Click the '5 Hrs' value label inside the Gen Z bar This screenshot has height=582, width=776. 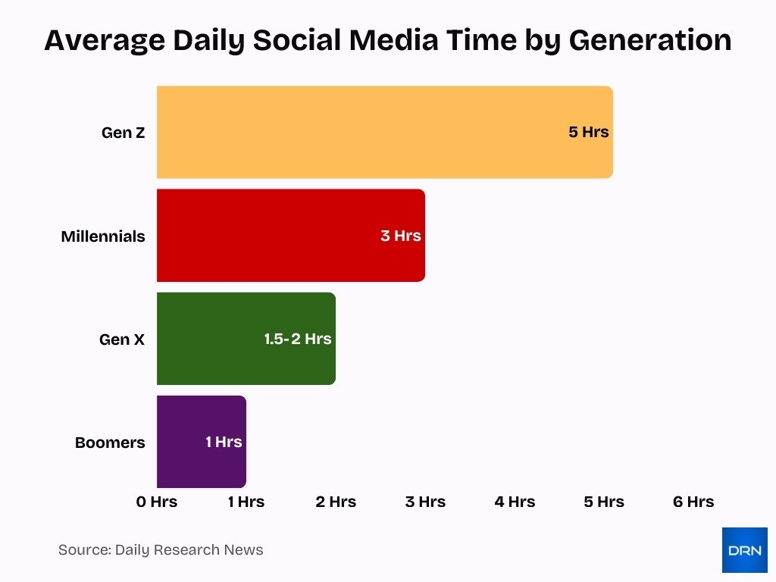point(589,132)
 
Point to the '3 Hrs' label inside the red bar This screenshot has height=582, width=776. point(401,236)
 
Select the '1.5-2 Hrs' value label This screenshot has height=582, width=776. point(298,339)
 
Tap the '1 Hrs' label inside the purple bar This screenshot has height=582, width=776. point(224,442)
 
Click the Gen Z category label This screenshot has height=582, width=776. point(123,133)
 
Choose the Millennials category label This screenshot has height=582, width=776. point(103,236)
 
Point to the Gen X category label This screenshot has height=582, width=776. point(122,339)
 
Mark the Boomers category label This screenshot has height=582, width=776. point(110,443)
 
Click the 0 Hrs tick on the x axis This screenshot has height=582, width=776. point(157,502)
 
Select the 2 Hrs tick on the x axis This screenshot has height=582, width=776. point(336,502)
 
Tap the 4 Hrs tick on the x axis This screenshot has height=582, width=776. point(515,502)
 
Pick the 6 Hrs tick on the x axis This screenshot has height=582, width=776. point(693,502)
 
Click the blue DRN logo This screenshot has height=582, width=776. point(744,550)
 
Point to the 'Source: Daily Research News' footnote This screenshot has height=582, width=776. point(161,550)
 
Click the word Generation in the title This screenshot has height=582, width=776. point(650,40)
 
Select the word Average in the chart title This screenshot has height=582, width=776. point(104,40)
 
